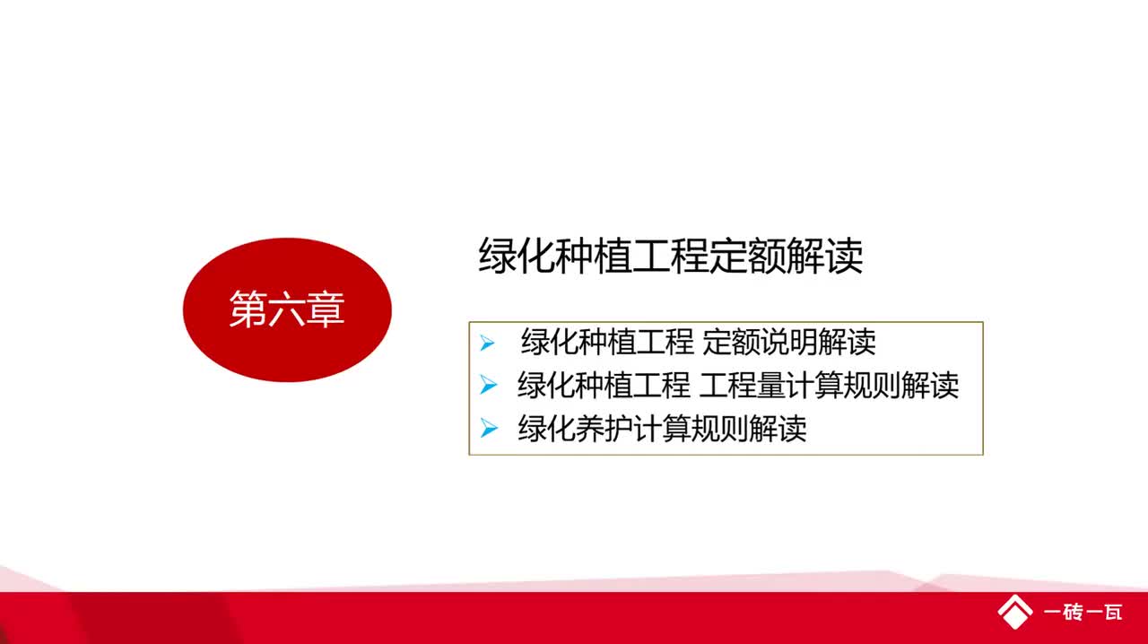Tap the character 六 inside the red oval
coord(287,309)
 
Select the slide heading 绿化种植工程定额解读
coord(671,257)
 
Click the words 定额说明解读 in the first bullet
coord(789,343)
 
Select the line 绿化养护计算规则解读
coord(662,429)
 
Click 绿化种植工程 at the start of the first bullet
coord(607,343)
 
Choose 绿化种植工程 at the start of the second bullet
coord(604,386)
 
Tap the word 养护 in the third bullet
coord(604,429)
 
